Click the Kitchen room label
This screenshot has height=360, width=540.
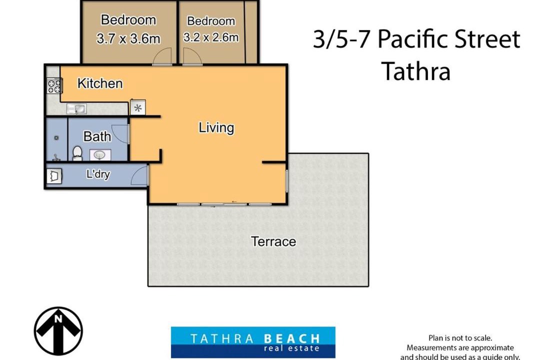click(x=100, y=83)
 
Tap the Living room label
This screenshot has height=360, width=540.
click(x=216, y=128)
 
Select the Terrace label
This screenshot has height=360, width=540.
click(x=273, y=241)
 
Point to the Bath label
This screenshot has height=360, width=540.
click(x=97, y=136)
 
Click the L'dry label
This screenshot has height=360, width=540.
click(x=98, y=174)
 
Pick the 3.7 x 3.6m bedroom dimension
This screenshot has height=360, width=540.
click(x=128, y=38)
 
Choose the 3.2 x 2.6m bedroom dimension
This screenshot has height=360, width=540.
click(x=211, y=37)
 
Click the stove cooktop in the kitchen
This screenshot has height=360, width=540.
click(x=54, y=86)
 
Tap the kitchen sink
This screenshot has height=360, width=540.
click(x=77, y=109)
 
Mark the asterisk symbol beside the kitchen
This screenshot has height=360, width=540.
click(x=138, y=108)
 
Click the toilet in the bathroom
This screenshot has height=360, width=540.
click(x=77, y=153)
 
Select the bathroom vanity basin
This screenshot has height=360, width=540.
click(x=100, y=155)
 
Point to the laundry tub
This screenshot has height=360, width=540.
click(x=54, y=175)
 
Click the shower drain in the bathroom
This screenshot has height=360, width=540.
click(x=56, y=138)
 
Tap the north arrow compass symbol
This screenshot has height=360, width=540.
click(x=58, y=331)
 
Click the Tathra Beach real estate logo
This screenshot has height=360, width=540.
click(x=253, y=342)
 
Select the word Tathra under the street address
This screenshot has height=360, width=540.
click(x=416, y=71)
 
